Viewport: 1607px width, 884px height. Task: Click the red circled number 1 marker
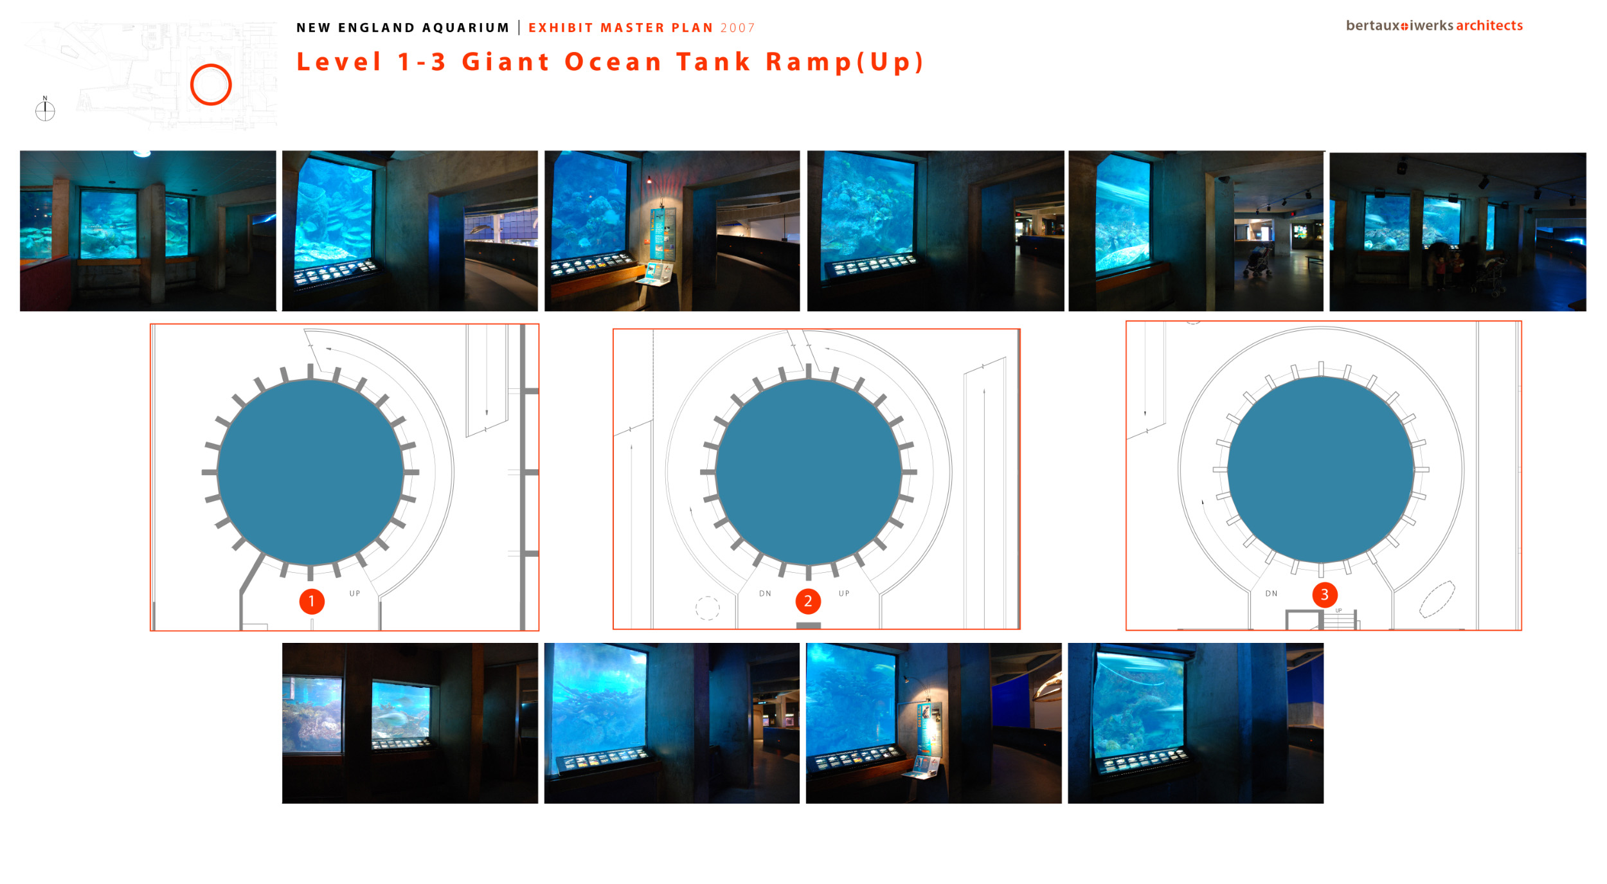click(x=312, y=601)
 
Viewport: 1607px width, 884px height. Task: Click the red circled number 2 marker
click(x=808, y=601)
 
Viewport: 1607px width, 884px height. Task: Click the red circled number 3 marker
click(x=1324, y=595)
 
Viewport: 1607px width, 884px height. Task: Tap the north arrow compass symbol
click(x=45, y=109)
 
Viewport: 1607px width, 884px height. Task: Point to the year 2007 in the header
click(x=737, y=28)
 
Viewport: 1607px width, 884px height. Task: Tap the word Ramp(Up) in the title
click(x=845, y=62)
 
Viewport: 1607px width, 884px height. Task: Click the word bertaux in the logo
click(x=1373, y=25)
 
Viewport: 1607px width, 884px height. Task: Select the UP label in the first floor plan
click(x=355, y=593)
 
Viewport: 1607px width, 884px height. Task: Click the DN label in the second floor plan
click(x=765, y=593)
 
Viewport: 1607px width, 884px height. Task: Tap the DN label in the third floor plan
click(x=1271, y=593)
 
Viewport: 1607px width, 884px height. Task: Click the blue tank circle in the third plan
click(x=1321, y=469)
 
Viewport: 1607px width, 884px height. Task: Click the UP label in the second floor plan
click(x=844, y=593)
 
